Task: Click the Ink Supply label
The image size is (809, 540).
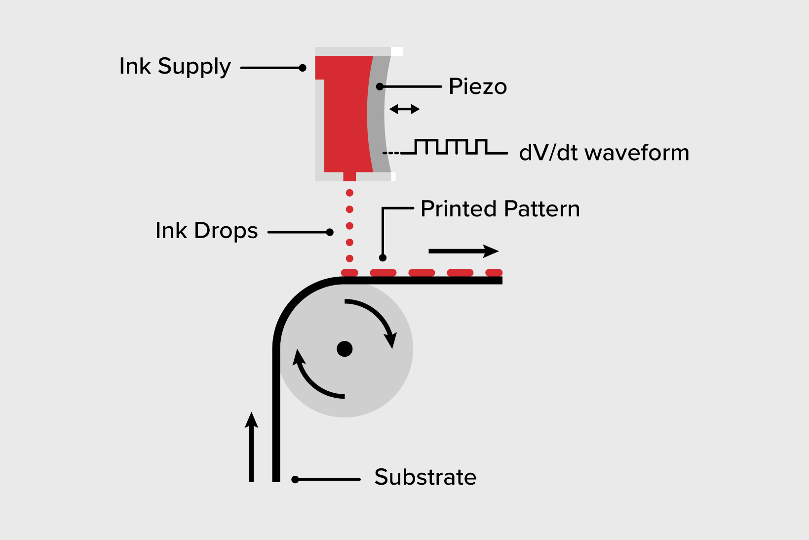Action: coord(175,67)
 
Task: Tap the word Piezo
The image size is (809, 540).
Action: coord(477,87)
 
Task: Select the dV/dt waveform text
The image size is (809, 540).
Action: coord(604,153)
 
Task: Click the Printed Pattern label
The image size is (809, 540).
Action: coord(500,209)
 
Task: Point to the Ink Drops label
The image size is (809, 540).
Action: coord(206,231)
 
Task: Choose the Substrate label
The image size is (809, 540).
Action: coord(425,477)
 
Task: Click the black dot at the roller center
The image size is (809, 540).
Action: coord(345,349)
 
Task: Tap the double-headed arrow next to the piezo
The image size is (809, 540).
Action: coord(404,109)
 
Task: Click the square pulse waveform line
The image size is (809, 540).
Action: coord(449,147)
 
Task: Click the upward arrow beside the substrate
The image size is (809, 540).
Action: coord(252,447)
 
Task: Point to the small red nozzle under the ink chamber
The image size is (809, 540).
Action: coord(349,176)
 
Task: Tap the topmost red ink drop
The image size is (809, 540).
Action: coord(349,193)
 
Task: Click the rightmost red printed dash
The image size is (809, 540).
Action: coord(494,273)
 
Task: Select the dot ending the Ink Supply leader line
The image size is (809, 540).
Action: coord(303,68)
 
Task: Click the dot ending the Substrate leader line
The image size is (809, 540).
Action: coord(295,479)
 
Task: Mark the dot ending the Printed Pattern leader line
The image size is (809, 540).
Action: coord(383,257)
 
